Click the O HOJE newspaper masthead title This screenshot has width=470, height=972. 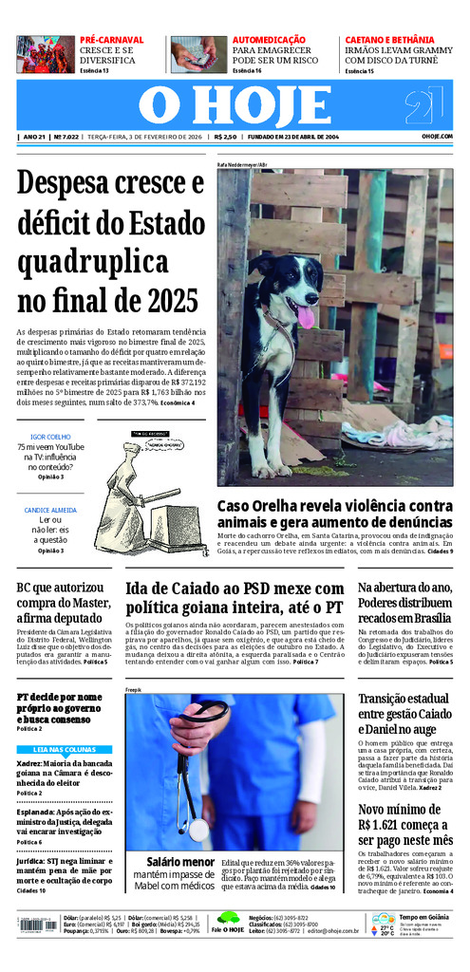(234, 104)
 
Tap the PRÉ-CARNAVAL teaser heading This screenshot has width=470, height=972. (112, 40)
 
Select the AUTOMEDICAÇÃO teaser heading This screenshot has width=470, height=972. (269, 40)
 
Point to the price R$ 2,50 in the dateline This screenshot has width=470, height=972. (225, 137)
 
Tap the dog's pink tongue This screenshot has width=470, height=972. (305, 316)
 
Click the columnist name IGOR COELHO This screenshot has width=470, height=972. (51, 437)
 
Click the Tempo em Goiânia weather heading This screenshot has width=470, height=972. (423, 918)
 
